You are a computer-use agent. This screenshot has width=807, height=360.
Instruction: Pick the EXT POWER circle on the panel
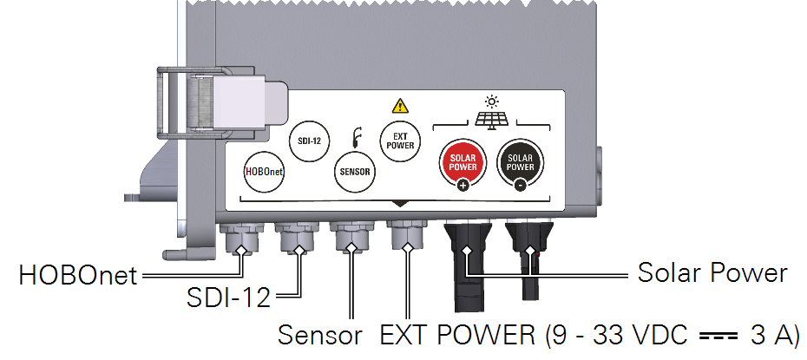coord(399,141)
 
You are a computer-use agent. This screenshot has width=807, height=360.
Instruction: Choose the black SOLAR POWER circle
coord(518,160)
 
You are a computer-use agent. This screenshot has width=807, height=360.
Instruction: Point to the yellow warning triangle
coord(399,107)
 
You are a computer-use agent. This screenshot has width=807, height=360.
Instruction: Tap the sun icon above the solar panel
coord(491,101)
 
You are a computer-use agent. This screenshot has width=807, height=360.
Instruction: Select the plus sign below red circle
coord(463,186)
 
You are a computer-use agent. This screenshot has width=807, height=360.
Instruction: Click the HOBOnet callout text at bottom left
coord(79,277)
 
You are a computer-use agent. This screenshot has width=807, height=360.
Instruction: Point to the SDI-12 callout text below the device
coord(228,299)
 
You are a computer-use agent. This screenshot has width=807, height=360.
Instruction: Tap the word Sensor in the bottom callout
coord(318,335)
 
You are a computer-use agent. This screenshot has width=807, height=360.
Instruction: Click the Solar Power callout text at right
coord(712,272)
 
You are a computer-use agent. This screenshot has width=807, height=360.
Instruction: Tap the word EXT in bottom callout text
coord(403,335)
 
